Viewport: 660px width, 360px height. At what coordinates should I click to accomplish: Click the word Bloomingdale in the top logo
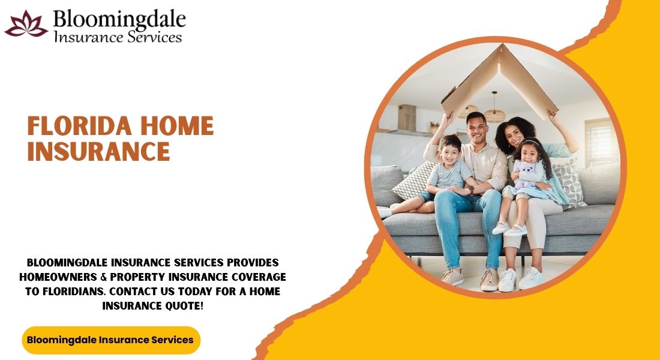[x=119, y=19]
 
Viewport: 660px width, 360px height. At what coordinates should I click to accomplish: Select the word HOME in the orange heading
[x=177, y=125]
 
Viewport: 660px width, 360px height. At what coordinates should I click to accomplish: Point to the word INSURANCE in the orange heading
[x=98, y=151]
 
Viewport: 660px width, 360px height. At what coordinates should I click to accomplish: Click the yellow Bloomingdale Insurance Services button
[x=111, y=340]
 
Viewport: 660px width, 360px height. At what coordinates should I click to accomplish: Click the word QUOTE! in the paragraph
[x=182, y=306]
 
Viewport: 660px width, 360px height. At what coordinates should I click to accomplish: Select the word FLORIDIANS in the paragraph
[x=74, y=292]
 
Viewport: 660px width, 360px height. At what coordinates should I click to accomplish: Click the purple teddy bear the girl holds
[x=524, y=173]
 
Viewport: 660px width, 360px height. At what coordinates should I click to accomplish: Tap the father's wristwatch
[x=472, y=190]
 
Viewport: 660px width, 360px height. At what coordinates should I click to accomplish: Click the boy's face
[x=451, y=153]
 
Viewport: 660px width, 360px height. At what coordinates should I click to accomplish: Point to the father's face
[x=477, y=131]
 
